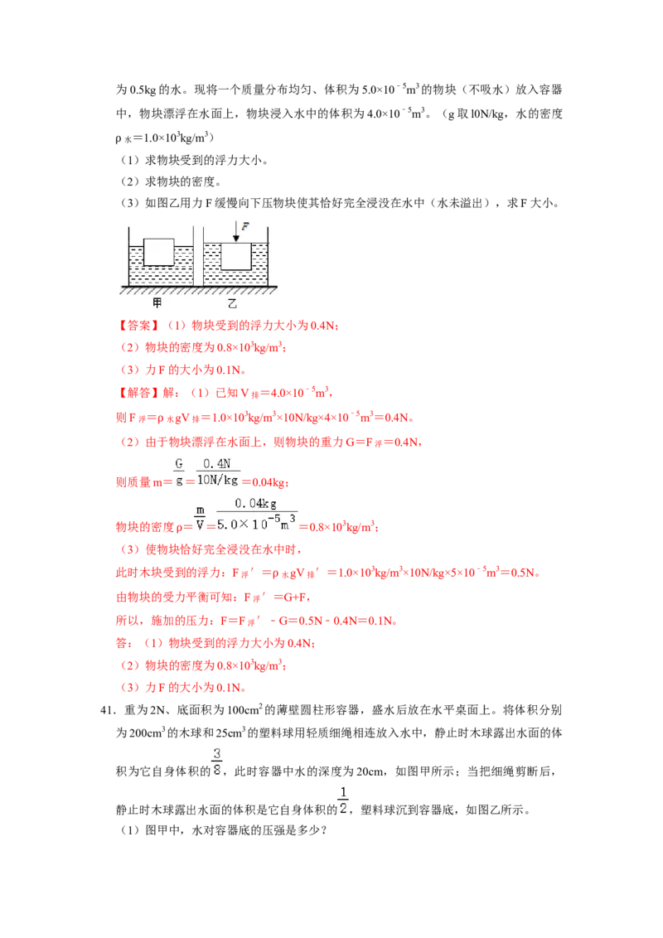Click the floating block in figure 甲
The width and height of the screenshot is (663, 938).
click(159, 252)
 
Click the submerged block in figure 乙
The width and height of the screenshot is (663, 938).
click(235, 256)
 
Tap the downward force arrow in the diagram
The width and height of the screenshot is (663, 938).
click(236, 231)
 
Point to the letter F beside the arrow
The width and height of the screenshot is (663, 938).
click(245, 227)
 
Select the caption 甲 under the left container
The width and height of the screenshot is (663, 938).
click(157, 302)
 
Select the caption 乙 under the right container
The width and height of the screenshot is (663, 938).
click(233, 303)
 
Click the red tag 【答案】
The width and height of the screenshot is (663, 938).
click(138, 326)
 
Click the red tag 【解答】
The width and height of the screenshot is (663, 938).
click(138, 393)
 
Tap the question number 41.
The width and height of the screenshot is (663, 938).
click(108, 710)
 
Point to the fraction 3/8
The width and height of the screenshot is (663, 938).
click(216, 762)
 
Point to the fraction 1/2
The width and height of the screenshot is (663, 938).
click(343, 800)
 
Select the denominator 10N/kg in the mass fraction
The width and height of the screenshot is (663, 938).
click(217, 480)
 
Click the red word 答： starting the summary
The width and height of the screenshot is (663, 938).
click(124, 643)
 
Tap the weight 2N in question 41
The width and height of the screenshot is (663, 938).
click(157, 710)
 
